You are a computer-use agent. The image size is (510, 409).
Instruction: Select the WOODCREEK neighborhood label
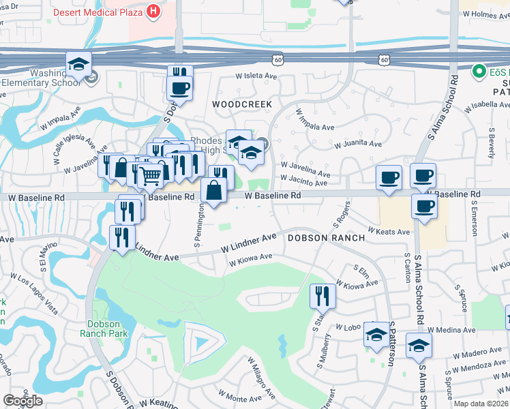241,104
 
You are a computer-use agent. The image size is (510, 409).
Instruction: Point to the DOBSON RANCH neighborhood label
319,238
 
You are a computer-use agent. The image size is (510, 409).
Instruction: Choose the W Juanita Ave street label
358,144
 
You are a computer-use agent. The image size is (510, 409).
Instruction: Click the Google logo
22,401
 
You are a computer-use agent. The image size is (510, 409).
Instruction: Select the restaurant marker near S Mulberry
322,295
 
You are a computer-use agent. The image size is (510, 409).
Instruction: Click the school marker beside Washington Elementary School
79,65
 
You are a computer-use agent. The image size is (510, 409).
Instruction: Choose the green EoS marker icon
479,70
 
